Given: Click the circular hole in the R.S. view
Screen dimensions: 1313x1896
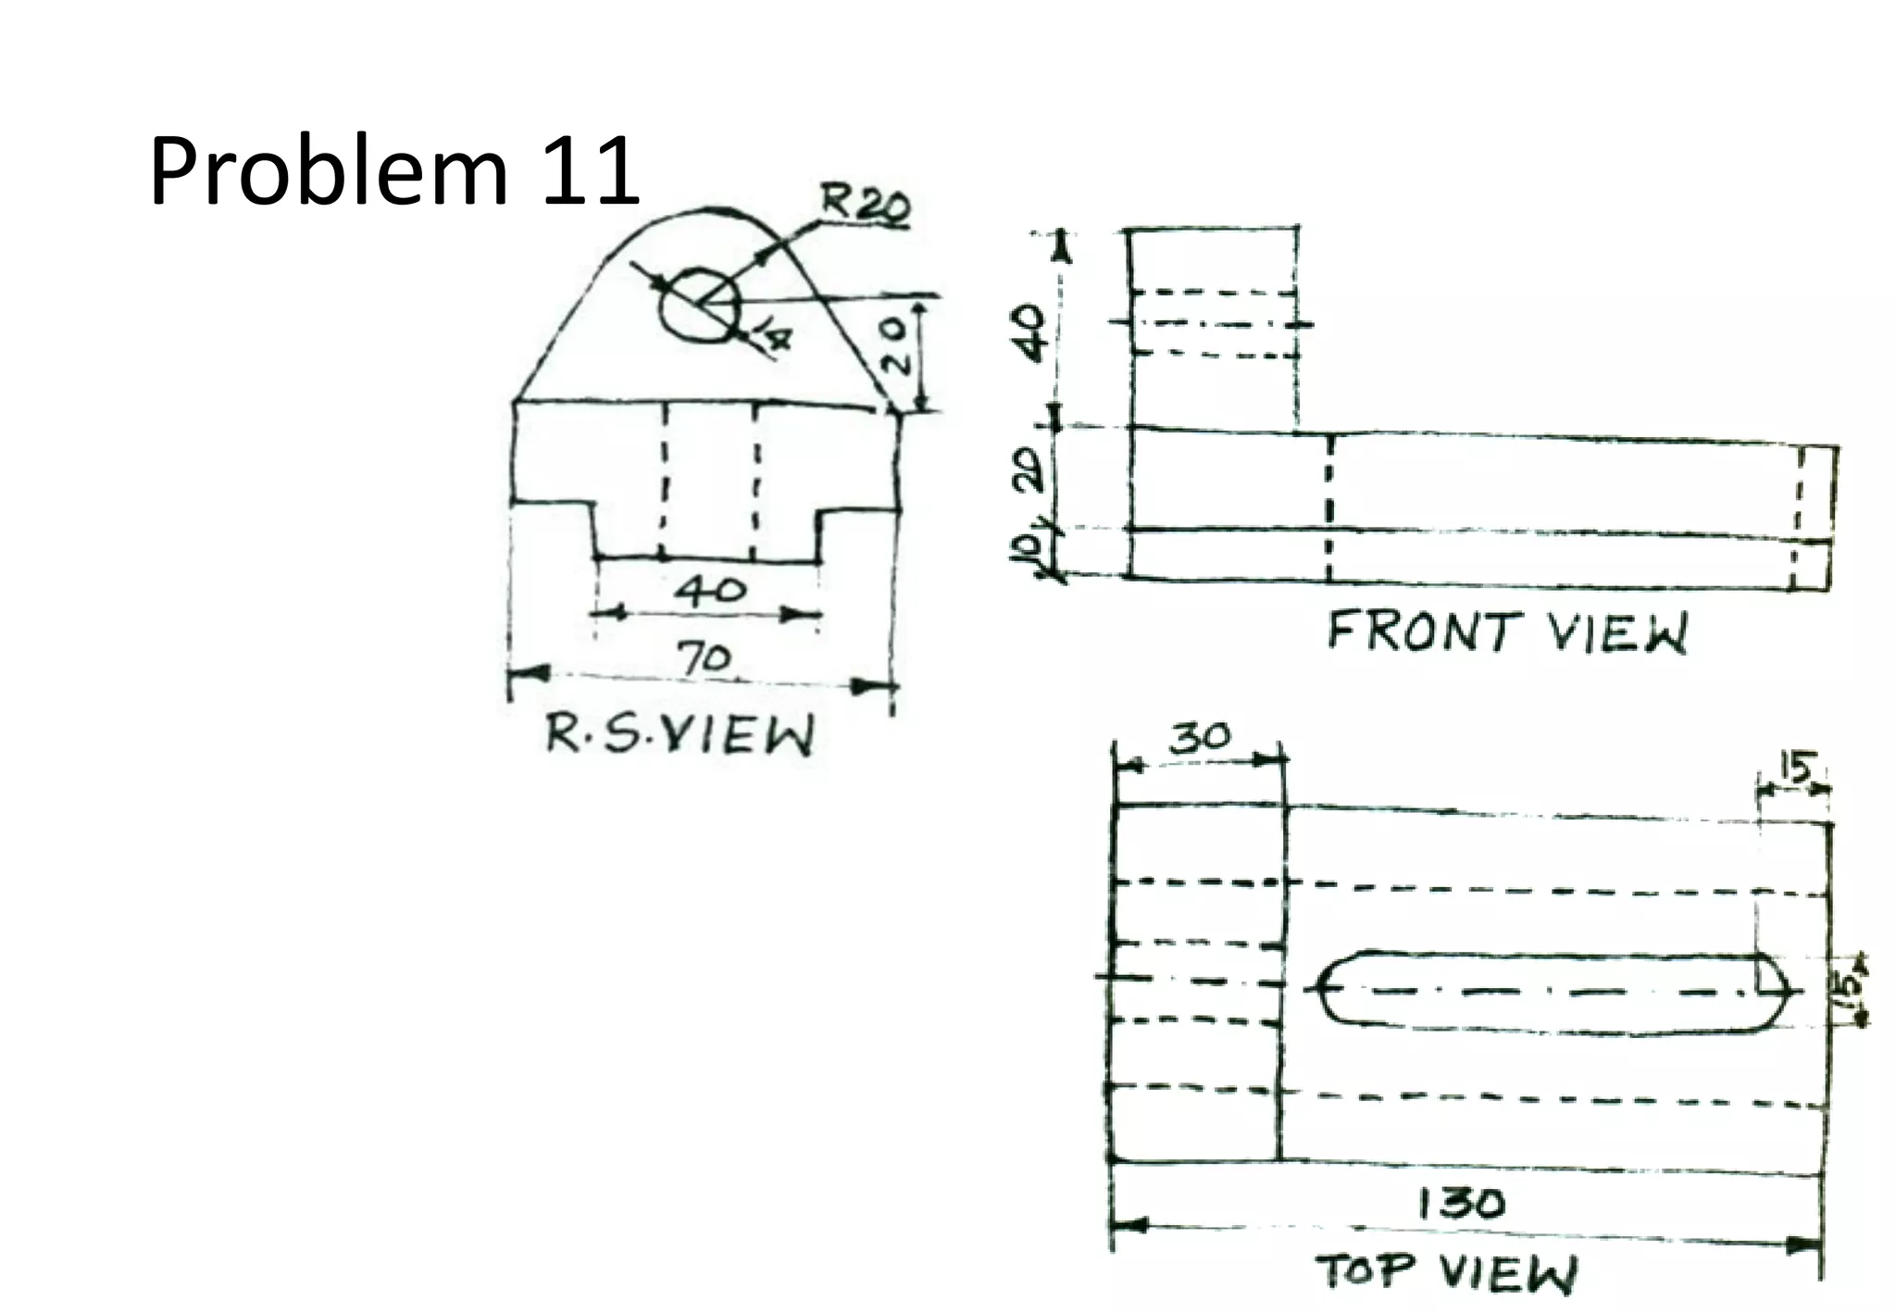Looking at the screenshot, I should tap(700, 302).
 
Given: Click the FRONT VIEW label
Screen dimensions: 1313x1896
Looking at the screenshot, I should tap(1507, 632).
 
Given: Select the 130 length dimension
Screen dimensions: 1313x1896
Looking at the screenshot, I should tap(1462, 1203).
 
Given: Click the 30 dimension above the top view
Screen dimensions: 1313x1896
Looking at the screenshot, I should tap(1200, 738).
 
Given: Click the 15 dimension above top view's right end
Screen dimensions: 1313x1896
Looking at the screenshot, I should tap(1795, 769).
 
